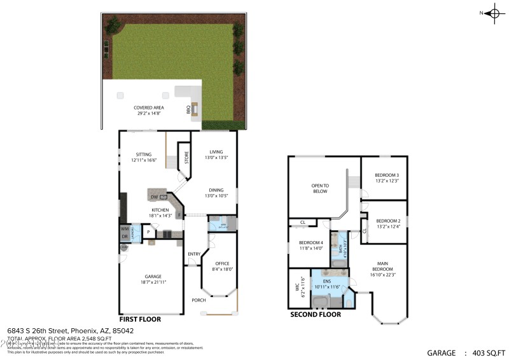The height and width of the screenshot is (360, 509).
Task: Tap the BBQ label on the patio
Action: click(x=188, y=110)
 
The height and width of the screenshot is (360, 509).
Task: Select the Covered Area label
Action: click(x=149, y=108)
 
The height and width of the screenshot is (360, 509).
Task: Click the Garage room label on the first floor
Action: click(x=153, y=277)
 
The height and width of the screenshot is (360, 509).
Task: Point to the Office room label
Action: click(x=222, y=264)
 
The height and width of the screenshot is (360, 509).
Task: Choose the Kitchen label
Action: click(x=160, y=210)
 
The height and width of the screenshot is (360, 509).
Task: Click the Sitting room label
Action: click(x=143, y=154)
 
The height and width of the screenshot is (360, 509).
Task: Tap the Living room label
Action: click(x=216, y=151)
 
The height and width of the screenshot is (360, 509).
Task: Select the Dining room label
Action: click(x=216, y=190)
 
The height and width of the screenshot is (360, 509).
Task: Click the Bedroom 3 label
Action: click(x=387, y=175)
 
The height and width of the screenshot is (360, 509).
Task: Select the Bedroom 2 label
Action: click(x=387, y=221)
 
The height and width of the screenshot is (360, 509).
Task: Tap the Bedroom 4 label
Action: click(x=311, y=242)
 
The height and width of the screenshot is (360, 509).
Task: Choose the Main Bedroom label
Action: click(x=382, y=265)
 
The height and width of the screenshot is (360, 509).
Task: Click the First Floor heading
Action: click(x=140, y=319)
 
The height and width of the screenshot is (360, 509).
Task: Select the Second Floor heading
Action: click(x=315, y=314)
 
